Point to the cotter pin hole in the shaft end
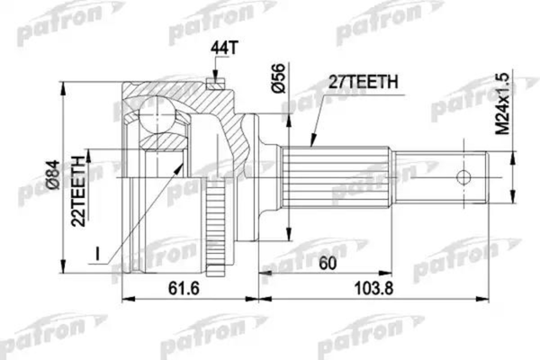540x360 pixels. pos(466,176)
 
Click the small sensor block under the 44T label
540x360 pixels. pos(214,85)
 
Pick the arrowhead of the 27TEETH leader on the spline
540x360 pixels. pos(311,143)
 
